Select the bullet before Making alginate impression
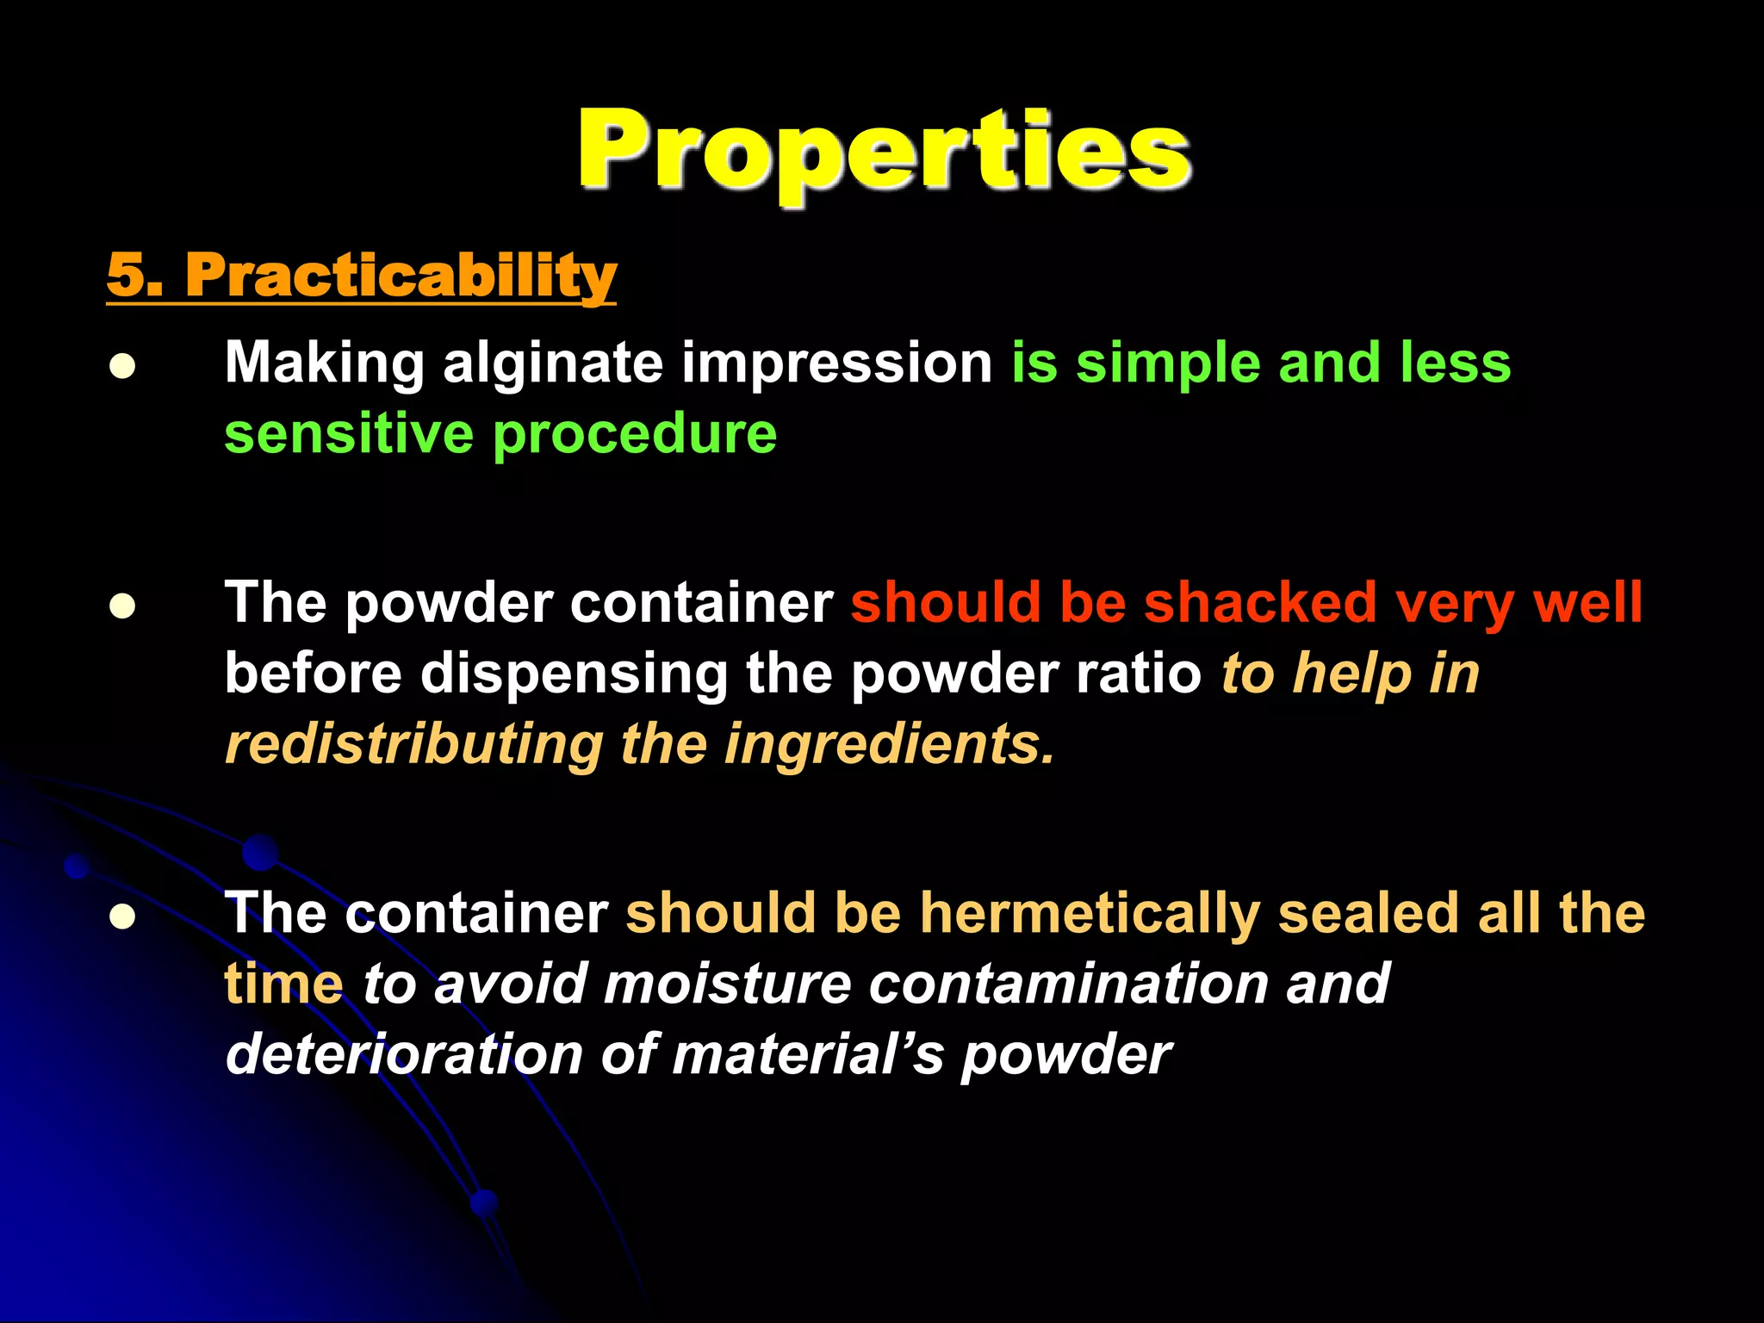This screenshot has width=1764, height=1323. tap(122, 367)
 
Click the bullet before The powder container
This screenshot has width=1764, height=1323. tap(122, 606)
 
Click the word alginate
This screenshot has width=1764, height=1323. tap(552, 363)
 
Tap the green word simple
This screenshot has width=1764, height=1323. tap(1167, 363)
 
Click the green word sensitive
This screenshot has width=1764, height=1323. tap(348, 433)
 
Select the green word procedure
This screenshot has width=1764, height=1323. tap(635, 435)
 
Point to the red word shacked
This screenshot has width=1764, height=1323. tap(1260, 602)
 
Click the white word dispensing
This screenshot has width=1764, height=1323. tap(574, 674)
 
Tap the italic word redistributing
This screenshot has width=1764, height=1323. tap(413, 744)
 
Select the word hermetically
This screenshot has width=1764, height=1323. tap(1090, 914)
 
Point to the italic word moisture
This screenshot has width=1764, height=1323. tap(727, 984)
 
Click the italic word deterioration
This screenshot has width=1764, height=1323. tap(403, 1054)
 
